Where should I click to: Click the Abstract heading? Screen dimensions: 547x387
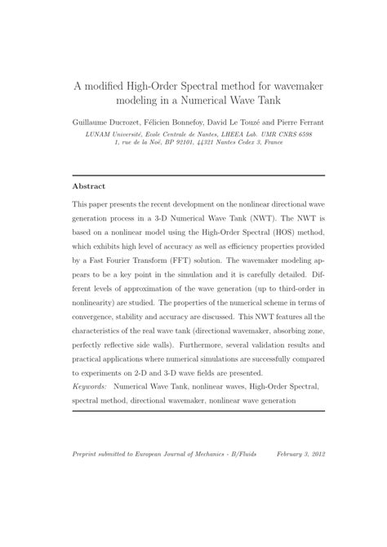[x=90, y=185]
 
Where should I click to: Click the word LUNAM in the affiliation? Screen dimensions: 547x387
[x=100, y=134]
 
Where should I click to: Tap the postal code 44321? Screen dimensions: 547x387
[x=212, y=144]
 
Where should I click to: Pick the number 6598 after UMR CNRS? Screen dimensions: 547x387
[x=300, y=134]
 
